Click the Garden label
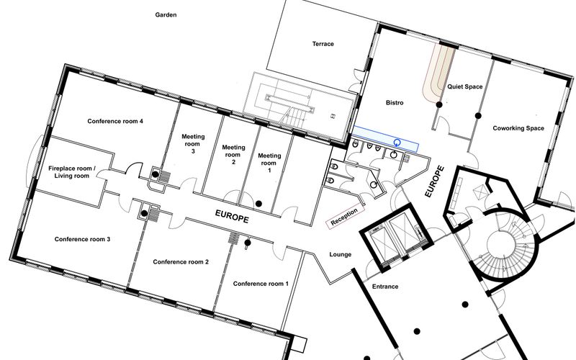[x=166, y=14]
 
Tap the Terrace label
[x=323, y=44]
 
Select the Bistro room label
[x=395, y=103]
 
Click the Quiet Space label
[x=464, y=86]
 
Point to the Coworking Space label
[x=518, y=128]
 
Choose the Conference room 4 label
[x=115, y=121]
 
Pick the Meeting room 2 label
[x=233, y=155]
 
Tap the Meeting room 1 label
[x=269, y=163]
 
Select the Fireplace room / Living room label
[x=69, y=171]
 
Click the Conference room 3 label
[x=82, y=239]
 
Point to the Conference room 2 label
[x=181, y=261]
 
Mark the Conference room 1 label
[x=261, y=284]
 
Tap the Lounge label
[x=340, y=255]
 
